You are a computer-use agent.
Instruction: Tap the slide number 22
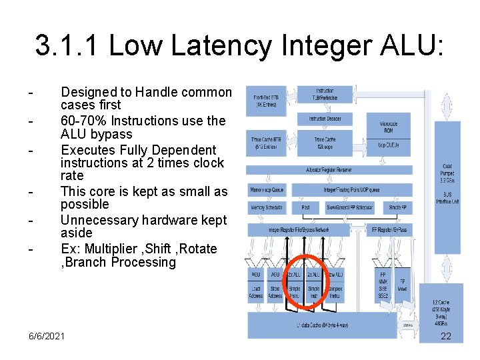tap(446, 336)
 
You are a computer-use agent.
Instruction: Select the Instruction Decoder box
tap(325, 119)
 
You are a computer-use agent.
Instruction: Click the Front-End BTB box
tap(267, 101)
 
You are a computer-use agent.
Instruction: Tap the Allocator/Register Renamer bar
tap(338, 170)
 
